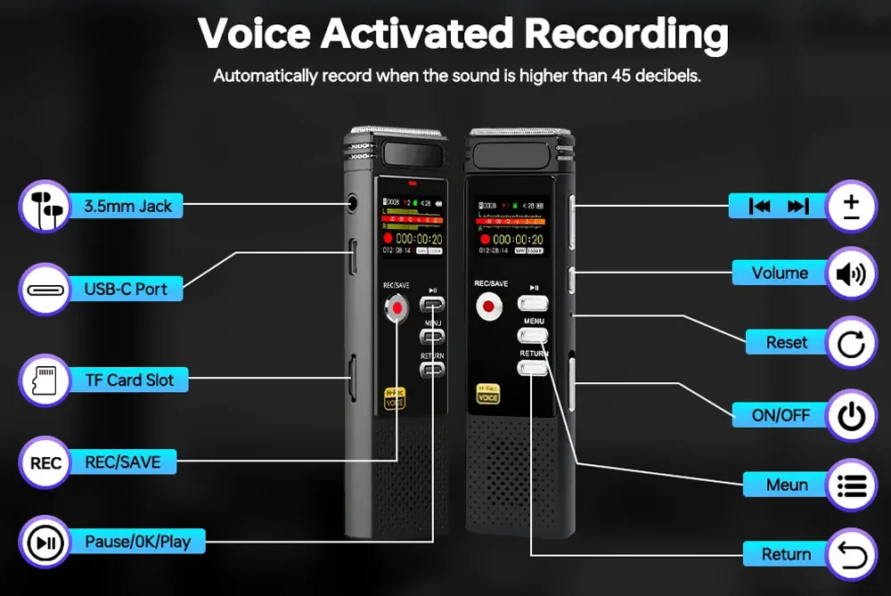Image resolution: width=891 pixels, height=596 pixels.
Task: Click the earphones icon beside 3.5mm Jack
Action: (45, 207)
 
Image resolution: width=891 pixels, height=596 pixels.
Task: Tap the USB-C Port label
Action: (126, 290)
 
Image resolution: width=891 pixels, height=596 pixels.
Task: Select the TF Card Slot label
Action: (129, 380)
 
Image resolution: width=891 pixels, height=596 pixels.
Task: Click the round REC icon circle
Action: (45, 463)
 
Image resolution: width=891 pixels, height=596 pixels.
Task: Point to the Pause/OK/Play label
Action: (137, 541)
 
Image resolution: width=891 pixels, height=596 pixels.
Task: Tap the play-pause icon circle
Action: (45, 542)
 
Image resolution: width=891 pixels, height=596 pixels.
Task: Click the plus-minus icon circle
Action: (851, 207)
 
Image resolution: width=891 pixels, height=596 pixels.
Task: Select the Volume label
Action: (780, 274)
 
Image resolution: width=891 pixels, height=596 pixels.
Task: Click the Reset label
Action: (787, 343)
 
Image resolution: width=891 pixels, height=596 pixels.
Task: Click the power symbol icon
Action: (851, 415)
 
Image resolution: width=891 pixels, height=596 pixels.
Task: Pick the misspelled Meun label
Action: (787, 485)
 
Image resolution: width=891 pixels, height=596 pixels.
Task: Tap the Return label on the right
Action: (786, 554)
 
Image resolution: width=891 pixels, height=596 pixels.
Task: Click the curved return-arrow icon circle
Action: (851, 554)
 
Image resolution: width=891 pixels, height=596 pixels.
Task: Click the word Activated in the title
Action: (416, 33)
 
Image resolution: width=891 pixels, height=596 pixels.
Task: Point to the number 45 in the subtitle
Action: (622, 76)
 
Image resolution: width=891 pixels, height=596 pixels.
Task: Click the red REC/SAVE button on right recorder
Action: (488, 307)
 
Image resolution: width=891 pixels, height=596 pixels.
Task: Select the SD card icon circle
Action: (45, 380)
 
